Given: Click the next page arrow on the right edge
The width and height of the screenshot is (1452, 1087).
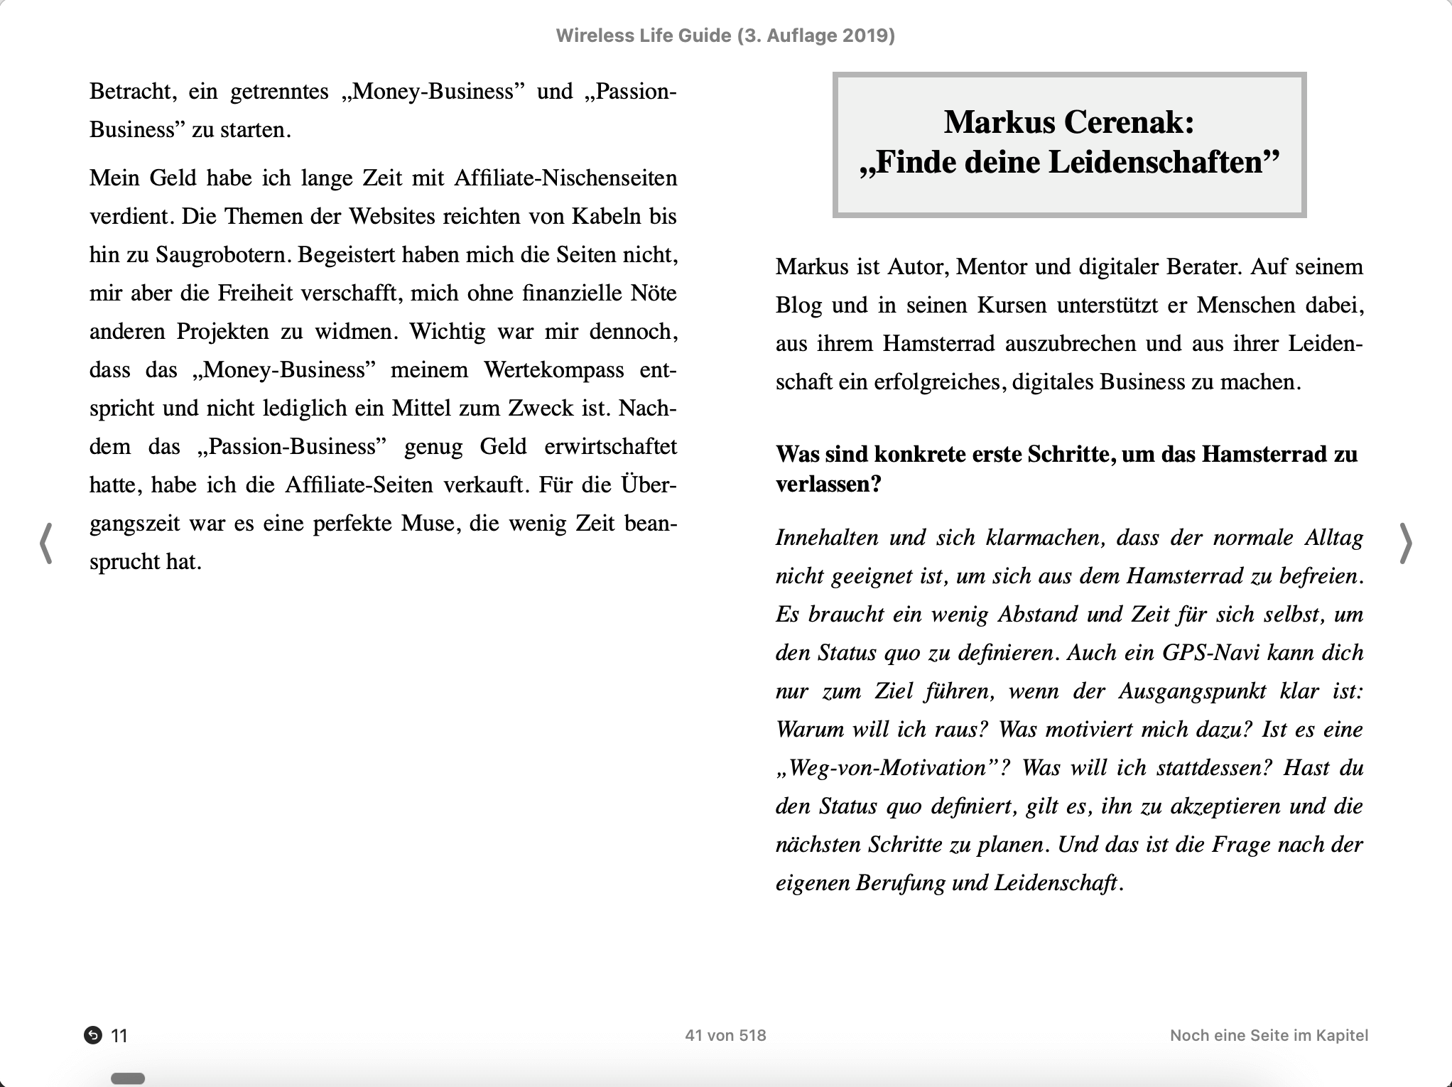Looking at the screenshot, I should [1405, 543].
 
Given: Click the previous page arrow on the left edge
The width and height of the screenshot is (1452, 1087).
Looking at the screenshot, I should [46, 543].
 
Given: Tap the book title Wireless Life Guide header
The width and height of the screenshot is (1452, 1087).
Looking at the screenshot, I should [725, 36].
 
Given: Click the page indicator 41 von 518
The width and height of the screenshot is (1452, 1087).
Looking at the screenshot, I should [725, 1035].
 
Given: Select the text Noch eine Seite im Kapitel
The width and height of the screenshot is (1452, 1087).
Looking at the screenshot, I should [1269, 1035].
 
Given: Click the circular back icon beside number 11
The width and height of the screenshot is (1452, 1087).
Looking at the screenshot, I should [93, 1035].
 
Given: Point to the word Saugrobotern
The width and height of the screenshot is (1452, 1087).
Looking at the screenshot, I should [223, 254].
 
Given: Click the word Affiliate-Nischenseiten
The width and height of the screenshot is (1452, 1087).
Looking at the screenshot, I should [565, 178].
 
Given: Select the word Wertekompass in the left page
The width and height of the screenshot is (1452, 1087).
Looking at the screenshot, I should [553, 369].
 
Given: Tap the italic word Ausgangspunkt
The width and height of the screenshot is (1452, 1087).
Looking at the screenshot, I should [1192, 691].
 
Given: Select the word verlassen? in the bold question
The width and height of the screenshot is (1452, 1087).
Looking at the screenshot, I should [828, 484].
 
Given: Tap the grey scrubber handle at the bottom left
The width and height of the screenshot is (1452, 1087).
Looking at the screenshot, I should [128, 1078].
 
